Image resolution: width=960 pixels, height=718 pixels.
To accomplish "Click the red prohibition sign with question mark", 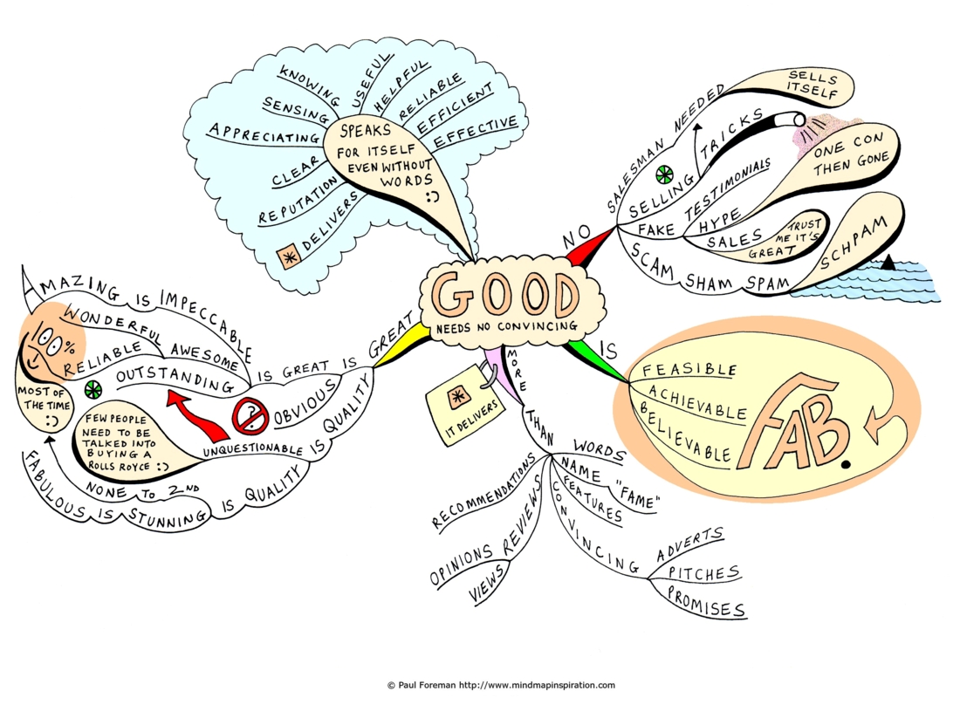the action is (x=250, y=416).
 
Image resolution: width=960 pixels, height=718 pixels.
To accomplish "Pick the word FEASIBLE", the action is (x=689, y=369).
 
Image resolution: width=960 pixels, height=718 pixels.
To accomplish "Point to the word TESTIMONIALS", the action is (x=727, y=188).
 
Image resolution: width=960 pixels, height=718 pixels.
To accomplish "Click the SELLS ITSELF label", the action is (x=813, y=85).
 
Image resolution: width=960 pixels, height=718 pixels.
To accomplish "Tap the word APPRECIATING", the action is (x=264, y=133).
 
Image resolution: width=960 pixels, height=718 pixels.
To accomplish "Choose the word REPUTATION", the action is (x=298, y=200).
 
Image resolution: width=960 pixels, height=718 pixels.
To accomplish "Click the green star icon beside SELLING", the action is (x=664, y=175).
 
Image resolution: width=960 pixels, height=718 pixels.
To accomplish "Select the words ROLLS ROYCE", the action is (x=119, y=466).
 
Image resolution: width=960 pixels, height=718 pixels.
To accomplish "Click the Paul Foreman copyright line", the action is (x=501, y=685).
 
